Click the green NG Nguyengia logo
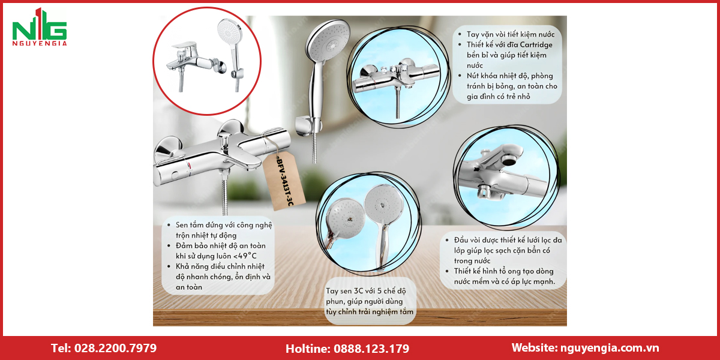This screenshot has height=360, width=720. tap(40, 27)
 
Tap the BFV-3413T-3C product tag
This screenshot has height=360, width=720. tap(283, 181)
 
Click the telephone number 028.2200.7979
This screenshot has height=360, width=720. tap(115, 348)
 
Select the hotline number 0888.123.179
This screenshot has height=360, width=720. tap(371, 349)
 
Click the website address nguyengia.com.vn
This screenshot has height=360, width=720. tap(610, 348)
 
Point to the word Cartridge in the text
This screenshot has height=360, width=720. tap(536, 44)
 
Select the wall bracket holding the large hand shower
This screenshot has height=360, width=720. tap(308, 126)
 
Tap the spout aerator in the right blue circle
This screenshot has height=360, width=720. tap(509, 160)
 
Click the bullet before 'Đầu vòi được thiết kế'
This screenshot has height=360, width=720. tap(447, 240)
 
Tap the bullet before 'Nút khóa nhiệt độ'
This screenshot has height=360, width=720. tap(460, 76)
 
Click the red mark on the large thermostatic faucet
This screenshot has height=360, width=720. tap(190, 165)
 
